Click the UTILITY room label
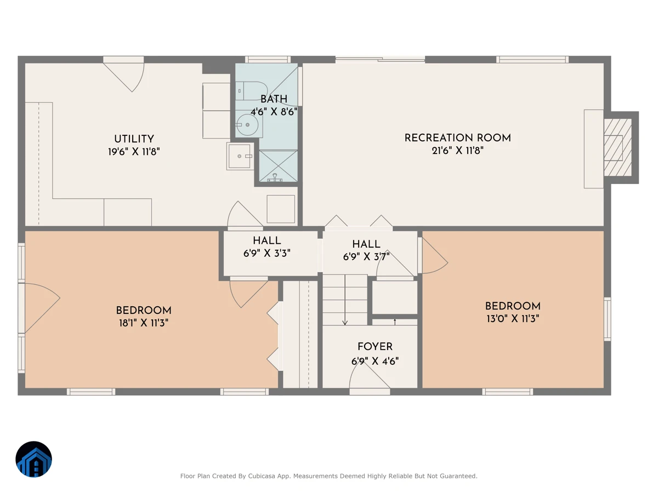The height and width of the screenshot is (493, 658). [134, 139]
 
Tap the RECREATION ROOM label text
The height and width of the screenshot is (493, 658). [457, 138]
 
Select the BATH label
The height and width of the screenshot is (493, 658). [274, 99]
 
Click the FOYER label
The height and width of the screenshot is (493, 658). [375, 347]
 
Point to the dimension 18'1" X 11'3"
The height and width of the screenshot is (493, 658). [144, 323]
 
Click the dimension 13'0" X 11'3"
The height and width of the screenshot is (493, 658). [513, 319]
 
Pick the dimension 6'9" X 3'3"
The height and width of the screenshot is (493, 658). [267, 254]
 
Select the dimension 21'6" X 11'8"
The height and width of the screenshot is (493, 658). [457, 151]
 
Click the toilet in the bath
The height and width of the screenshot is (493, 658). [251, 91]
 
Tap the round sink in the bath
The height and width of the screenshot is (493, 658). [247, 125]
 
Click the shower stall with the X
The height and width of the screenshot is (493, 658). [278, 166]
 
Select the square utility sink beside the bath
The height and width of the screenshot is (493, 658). [240, 156]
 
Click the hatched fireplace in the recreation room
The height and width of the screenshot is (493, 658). [617, 147]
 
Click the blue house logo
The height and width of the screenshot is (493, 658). [33, 459]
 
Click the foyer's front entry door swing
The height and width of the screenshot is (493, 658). [370, 379]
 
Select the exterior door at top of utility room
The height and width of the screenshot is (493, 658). [124, 75]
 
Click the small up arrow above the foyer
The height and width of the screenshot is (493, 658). [395, 322]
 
